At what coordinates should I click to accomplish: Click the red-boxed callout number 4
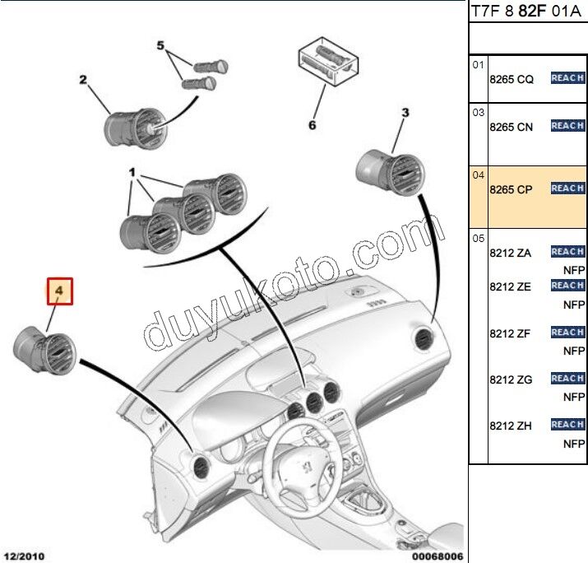click(x=59, y=291)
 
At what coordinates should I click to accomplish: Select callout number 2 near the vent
click(x=83, y=80)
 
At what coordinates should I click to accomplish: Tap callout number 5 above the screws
click(x=161, y=45)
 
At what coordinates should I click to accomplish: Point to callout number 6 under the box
click(x=312, y=125)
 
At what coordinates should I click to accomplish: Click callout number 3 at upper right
click(x=405, y=113)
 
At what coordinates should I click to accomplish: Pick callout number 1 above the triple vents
click(x=132, y=174)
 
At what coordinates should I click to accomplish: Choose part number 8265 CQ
click(x=511, y=79)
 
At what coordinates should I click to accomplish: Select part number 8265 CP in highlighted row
click(x=511, y=189)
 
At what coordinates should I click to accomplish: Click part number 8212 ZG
click(x=511, y=379)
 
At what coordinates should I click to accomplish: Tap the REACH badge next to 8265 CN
click(x=567, y=126)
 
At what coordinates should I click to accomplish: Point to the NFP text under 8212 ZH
click(x=573, y=443)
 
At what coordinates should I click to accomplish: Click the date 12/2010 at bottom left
click(x=23, y=556)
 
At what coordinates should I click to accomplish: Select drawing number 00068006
click(x=437, y=556)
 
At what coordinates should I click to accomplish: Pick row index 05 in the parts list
click(x=478, y=239)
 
